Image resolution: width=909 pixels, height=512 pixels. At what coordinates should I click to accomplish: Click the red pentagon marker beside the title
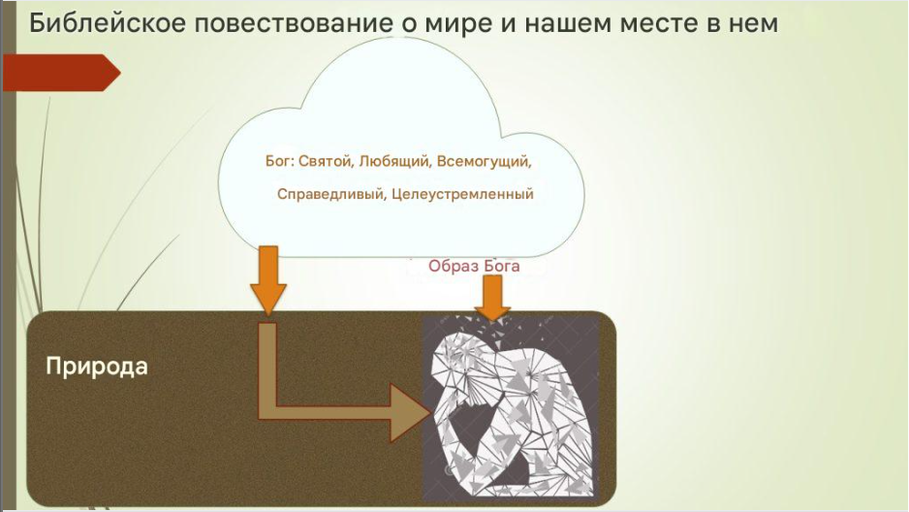[x=61, y=73]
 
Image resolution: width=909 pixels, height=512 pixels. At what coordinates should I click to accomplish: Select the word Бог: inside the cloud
[x=279, y=161]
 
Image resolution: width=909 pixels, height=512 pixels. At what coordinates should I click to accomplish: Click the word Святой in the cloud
[x=326, y=161]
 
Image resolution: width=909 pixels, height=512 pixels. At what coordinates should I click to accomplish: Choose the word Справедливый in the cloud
[x=331, y=194]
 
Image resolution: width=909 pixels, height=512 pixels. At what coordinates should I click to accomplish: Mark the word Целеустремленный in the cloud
[x=462, y=194]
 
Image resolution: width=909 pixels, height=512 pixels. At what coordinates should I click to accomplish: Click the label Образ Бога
[x=474, y=266]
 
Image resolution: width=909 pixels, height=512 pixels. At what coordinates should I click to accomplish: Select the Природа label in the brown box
[x=97, y=367]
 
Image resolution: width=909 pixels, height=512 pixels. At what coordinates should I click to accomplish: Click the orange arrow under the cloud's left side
[x=267, y=280]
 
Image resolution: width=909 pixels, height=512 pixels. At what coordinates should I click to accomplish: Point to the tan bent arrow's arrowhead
[x=411, y=412]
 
